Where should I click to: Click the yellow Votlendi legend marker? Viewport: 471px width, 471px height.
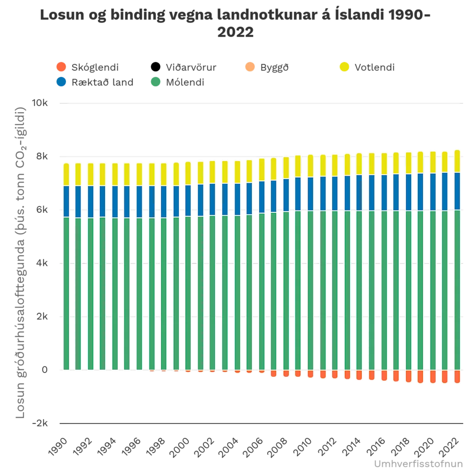[344, 67]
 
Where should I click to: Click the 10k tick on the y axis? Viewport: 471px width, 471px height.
[40, 103]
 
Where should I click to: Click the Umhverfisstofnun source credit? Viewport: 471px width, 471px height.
[419, 464]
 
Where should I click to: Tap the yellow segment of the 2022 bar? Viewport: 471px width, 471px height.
[457, 161]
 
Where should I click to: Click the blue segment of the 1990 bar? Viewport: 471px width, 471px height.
[66, 201]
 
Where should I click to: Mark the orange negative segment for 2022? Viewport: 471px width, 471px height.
[457, 376]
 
